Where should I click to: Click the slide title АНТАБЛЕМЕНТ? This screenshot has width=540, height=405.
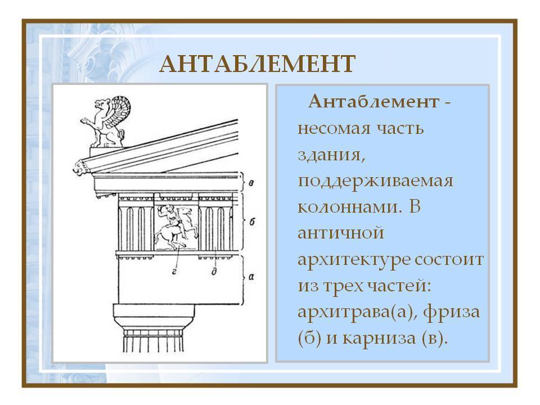pos(257,64)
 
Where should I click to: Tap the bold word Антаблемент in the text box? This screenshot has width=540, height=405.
pos(373,102)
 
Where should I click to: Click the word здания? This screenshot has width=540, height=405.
pos(331,155)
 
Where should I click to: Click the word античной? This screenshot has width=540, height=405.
pos(341,233)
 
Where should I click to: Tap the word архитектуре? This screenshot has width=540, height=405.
pos(354,260)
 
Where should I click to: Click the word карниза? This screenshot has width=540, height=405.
pos(379,338)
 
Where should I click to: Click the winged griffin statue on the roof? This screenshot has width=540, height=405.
pos(105,121)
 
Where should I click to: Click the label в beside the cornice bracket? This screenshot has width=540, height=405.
pos(251,183)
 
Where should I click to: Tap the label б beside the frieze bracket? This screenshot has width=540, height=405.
pos(252,222)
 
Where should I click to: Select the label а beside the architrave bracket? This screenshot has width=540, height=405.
pos(251,277)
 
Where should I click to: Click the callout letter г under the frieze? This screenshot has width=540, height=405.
pos(174,272)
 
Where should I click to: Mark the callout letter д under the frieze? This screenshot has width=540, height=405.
pos(214,271)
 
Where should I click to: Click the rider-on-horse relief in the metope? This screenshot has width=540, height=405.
pos(175,227)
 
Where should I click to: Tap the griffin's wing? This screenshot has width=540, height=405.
pos(119,110)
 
